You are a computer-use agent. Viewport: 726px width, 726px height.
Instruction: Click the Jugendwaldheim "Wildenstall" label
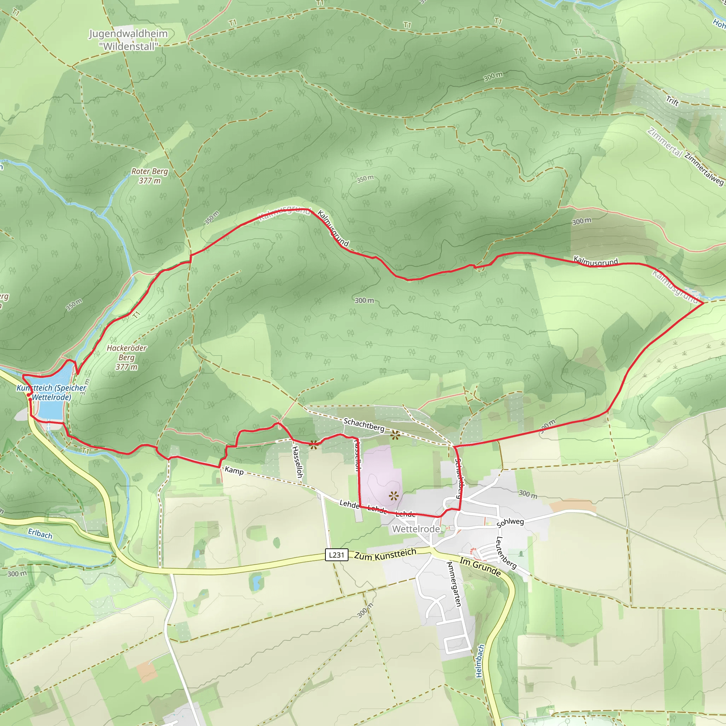tap(128, 40)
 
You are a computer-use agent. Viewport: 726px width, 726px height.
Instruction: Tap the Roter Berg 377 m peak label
tap(150, 176)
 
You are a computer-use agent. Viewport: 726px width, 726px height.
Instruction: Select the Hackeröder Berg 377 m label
tap(127, 357)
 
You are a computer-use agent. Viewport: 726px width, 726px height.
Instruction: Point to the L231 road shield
tap(336, 555)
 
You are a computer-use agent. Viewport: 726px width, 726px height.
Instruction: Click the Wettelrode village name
tap(415, 529)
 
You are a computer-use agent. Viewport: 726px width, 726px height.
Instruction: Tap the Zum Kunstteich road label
tap(385, 554)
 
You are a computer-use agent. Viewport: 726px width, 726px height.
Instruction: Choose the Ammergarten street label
tap(453, 584)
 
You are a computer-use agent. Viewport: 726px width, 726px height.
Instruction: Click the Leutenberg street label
tap(506, 553)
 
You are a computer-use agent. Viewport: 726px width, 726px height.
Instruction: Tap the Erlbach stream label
tap(40, 534)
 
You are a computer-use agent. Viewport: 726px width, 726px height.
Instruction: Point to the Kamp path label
tap(234, 470)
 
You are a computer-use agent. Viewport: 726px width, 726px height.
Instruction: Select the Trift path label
tap(672, 101)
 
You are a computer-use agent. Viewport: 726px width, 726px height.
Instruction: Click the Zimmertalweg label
tap(704, 169)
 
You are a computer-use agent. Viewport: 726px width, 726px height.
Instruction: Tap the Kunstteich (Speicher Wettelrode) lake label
tap(51, 392)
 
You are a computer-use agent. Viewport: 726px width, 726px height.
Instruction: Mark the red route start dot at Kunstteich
tap(29, 395)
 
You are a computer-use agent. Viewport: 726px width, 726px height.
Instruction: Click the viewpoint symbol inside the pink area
tap(393, 496)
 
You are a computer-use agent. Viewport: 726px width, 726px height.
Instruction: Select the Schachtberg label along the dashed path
tap(364, 425)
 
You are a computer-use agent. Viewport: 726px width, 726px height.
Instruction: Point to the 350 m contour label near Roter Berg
tap(212, 218)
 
